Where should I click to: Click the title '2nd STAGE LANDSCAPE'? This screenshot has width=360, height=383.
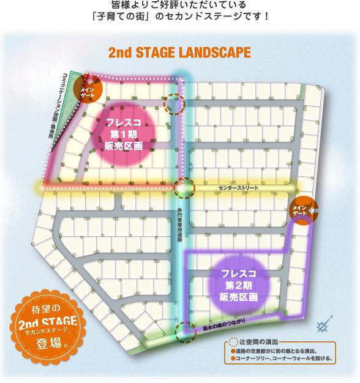[x=179, y=51]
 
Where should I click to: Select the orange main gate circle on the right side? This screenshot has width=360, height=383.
[x=302, y=210]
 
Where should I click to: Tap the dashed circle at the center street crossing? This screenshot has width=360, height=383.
[x=182, y=187]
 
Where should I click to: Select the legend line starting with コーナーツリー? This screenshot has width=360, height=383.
[x=281, y=359]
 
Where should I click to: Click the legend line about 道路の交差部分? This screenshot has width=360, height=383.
[x=277, y=351]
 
